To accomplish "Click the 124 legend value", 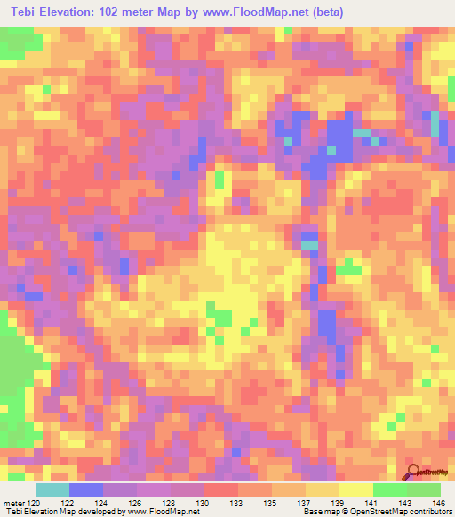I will click(103, 503).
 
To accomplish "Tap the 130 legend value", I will click(204, 503).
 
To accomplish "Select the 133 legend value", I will click(238, 503).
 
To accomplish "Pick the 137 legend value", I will click(306, 503).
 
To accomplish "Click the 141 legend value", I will click(373, 503).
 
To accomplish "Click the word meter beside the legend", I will click(12, 503).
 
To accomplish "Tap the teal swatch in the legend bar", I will click(52, 489).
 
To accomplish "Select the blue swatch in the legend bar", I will click(86, 489).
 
